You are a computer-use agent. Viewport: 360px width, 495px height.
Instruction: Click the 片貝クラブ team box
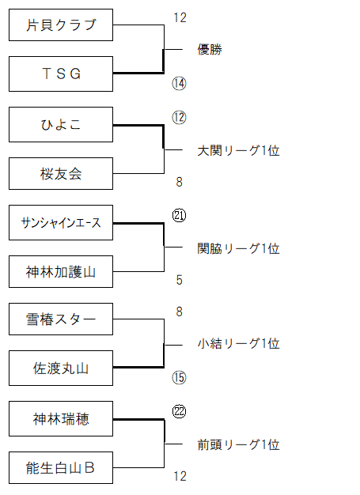(x=61, y=25)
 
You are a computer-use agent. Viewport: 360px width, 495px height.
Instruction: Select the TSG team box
(x=61, y=74)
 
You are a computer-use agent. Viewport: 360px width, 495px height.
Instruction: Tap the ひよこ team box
(x=61, y=125)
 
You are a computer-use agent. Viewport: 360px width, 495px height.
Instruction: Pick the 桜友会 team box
(x=61, y=174)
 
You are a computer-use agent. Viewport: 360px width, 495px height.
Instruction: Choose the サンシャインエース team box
(x=61, y=222)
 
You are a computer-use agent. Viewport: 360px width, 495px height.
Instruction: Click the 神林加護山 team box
(x=61, y=271)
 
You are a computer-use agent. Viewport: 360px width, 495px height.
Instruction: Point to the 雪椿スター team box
(x=61, y=319)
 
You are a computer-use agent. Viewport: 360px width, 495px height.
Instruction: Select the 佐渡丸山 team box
(x=61, y=368)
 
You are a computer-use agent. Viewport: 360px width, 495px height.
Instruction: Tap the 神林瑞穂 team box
(x=61, y=419)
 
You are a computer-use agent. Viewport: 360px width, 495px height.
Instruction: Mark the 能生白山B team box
(x=61, y=468)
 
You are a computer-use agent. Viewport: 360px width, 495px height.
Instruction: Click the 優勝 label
(x=210, y=50)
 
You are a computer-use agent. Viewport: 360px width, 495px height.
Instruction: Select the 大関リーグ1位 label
(x=238, y=150)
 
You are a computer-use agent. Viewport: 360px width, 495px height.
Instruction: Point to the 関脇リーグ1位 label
(x=238, y=248)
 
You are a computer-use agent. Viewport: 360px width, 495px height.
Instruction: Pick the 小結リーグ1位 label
(x=238, y=343)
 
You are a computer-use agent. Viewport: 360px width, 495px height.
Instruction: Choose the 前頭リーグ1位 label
(x=238, y=444)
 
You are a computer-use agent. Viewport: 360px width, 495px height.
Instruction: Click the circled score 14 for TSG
(x=179, y=84)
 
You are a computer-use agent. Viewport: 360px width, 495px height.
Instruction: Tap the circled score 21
(x=179, y=216)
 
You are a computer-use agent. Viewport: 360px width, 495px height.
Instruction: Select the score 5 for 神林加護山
(x=179, y=280)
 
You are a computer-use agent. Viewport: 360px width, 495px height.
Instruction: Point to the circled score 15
(x=179, y=377)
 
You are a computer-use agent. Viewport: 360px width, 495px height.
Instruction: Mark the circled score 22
(x=179, y=412)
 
